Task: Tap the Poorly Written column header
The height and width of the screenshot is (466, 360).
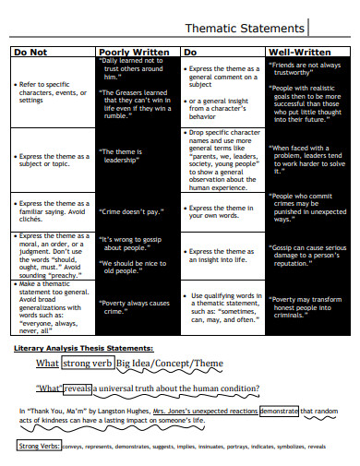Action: [134, 52]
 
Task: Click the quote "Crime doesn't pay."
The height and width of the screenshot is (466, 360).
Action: [132, 210]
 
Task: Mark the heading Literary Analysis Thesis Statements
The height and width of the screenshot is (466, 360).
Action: [84, 322]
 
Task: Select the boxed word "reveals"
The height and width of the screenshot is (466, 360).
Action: [78, 363]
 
